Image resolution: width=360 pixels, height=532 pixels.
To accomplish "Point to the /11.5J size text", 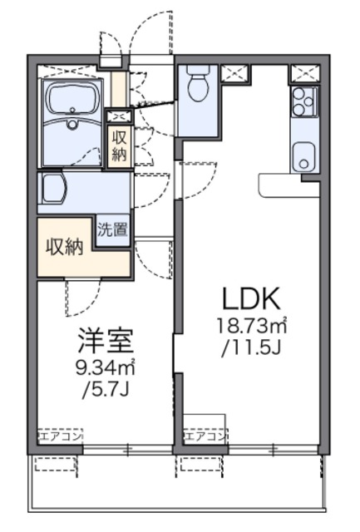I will point(249,343).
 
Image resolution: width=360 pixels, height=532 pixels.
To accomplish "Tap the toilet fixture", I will point(197,85).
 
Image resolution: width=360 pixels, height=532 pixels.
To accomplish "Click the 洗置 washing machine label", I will point(113,229).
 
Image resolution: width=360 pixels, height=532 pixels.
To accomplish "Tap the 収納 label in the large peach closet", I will point(64,247).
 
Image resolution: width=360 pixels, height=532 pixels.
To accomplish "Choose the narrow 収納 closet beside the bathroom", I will point(117,146).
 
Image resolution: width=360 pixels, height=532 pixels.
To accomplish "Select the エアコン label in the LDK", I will point(205,436).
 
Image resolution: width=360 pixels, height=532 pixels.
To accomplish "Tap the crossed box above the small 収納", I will point(117,116).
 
